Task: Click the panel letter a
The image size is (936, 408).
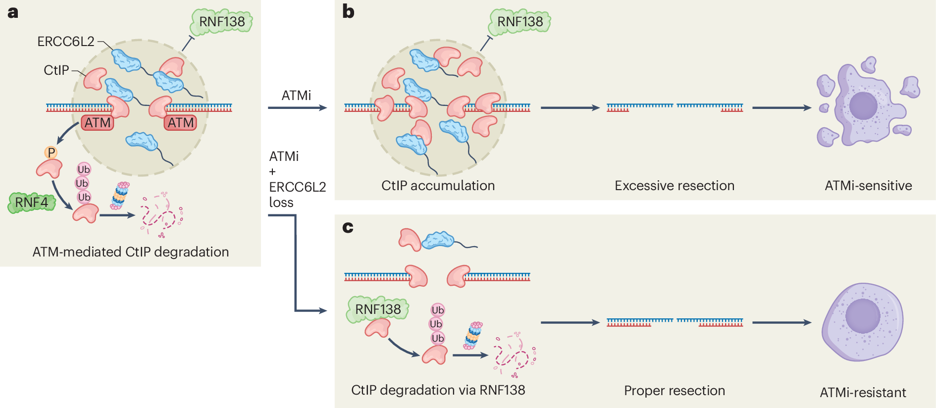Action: point(13,12)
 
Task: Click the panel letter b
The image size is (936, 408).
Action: point(348,12)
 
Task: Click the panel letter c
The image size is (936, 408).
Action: point(348,227)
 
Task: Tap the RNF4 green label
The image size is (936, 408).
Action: point(31,203)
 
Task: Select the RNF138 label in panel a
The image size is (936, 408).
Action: point(222,22)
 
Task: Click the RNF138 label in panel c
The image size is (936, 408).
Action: point(378,309)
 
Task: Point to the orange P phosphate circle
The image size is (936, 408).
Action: point(51,153)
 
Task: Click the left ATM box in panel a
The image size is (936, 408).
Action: point(98,123)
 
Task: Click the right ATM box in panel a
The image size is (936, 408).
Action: point(181,123)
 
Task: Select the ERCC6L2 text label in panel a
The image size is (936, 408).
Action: point(66,42)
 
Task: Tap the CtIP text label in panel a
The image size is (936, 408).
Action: point(56,70)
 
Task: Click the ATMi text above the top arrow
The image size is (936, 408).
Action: point(296,96)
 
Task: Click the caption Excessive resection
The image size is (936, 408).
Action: point(674,186)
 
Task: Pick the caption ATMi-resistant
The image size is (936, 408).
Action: point(863,393)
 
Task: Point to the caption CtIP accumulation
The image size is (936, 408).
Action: point(438,186)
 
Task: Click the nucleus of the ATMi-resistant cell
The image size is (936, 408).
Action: point(863,316)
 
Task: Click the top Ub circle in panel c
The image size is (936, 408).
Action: point(437,310)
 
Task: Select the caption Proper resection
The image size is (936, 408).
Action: point(674,391)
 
